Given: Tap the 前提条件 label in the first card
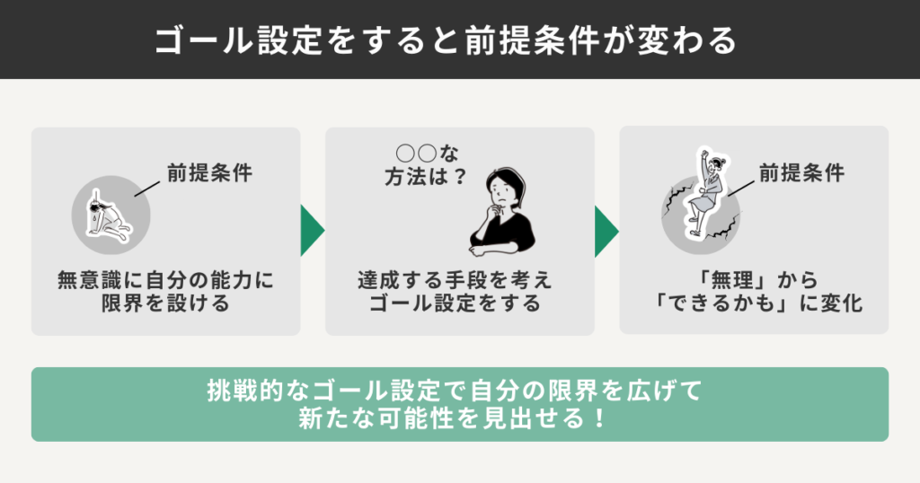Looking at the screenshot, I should (208, 172).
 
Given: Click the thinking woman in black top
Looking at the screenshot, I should (503, 212).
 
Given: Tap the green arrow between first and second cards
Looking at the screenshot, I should (312, 232).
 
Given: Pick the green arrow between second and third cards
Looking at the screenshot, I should (606, 232).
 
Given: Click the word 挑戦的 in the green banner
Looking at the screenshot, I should (242, 391).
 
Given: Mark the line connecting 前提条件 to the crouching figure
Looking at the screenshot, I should (146, 187).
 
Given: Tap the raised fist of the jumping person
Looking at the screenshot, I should (703, 154).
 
